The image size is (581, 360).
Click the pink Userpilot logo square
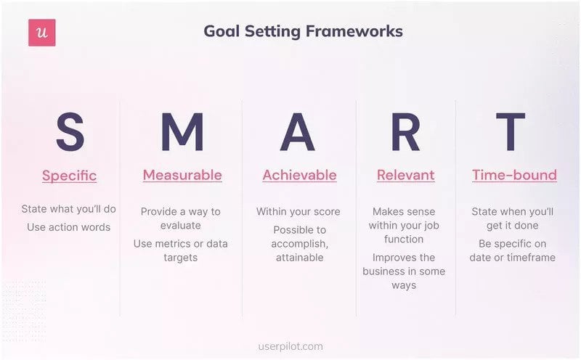click(x=41, y=33)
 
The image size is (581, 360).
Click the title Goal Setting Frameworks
click(x=303, y=31)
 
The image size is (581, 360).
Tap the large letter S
click(x=69, y=133)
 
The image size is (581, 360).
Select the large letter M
click(x=182, y=133)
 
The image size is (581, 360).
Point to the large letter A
click(x=298, y=133)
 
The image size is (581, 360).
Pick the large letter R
click(x=405, y=133)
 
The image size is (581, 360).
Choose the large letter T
click(x=511, y=133)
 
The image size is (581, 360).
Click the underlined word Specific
click(x=69, y=176)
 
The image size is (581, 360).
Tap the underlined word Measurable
click(x=182, y=175)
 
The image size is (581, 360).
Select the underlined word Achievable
click(x=299, y=175)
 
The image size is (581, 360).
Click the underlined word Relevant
click(x=405, y=175)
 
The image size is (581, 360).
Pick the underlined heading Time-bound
click(x=514, y=175)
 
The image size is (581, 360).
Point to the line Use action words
click(x=69, y=227)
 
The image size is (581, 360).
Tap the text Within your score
click(x=298, y=212)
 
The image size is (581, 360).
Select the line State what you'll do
click(x=69, y=209)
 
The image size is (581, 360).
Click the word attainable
click(x=299, y=258)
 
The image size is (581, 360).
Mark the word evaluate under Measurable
click(x=180, y=226)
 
